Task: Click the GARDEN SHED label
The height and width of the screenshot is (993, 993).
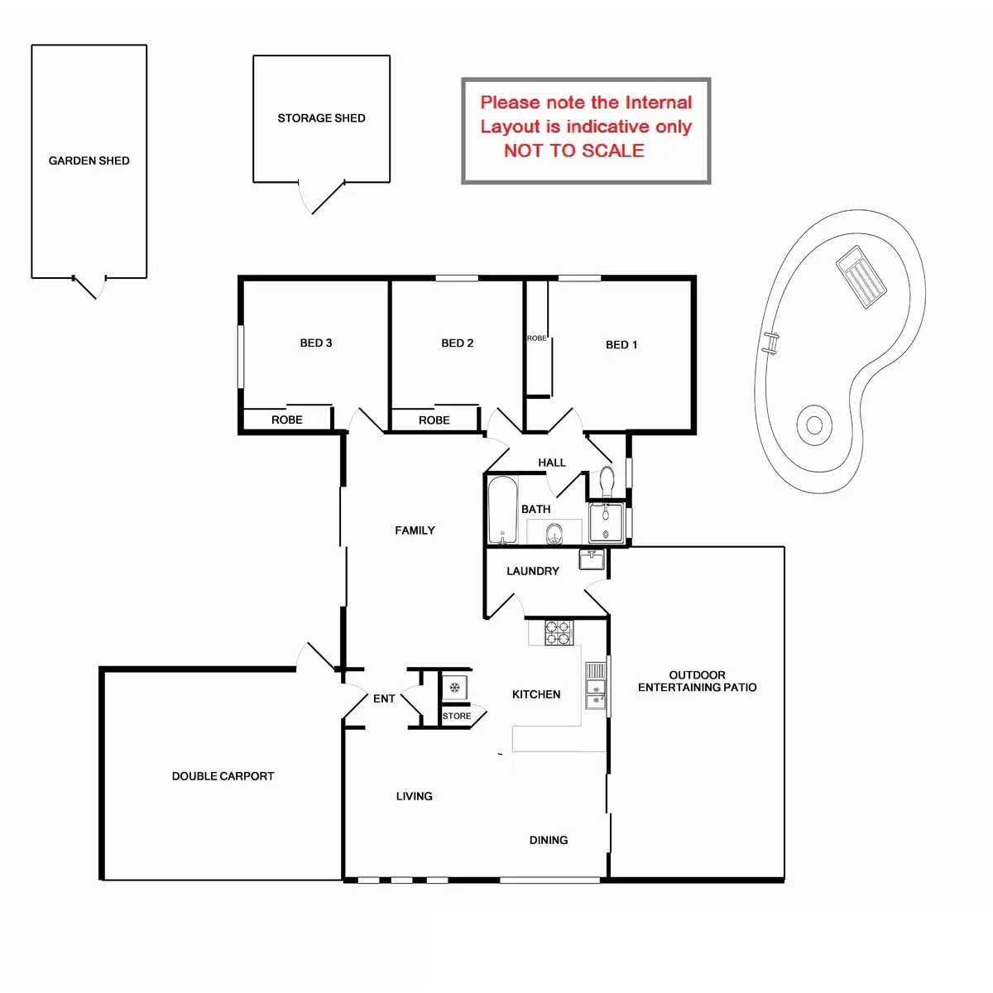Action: [89, 161]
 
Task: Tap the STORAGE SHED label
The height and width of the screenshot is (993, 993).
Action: [321, 118]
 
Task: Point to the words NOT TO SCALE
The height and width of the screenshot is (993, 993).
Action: [573, 151]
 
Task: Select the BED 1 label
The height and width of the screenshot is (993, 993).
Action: [621, 344]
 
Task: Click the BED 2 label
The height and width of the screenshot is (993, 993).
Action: [457, 343]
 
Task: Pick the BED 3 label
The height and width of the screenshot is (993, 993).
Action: [315, 343]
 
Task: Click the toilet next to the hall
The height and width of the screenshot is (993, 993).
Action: [607, 482]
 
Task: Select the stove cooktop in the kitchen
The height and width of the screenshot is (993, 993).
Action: [558, 633]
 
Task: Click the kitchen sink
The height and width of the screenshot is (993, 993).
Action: [595, 687]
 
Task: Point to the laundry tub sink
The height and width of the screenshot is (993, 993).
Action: [591, 560]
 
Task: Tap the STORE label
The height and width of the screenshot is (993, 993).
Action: [457, 716]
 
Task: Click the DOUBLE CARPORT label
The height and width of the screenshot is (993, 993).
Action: [223, 776]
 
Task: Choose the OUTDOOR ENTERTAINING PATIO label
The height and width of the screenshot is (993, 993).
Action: [697, 681]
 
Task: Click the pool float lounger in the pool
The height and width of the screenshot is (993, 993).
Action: [861, 276]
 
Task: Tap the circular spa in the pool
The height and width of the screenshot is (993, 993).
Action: [814, 425]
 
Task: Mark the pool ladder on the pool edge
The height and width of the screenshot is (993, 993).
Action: [770, 343]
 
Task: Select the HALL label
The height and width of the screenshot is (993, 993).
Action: [552, 463]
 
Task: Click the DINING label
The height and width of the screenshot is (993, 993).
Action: [549, 840]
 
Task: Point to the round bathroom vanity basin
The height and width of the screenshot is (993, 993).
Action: [554, 534]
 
